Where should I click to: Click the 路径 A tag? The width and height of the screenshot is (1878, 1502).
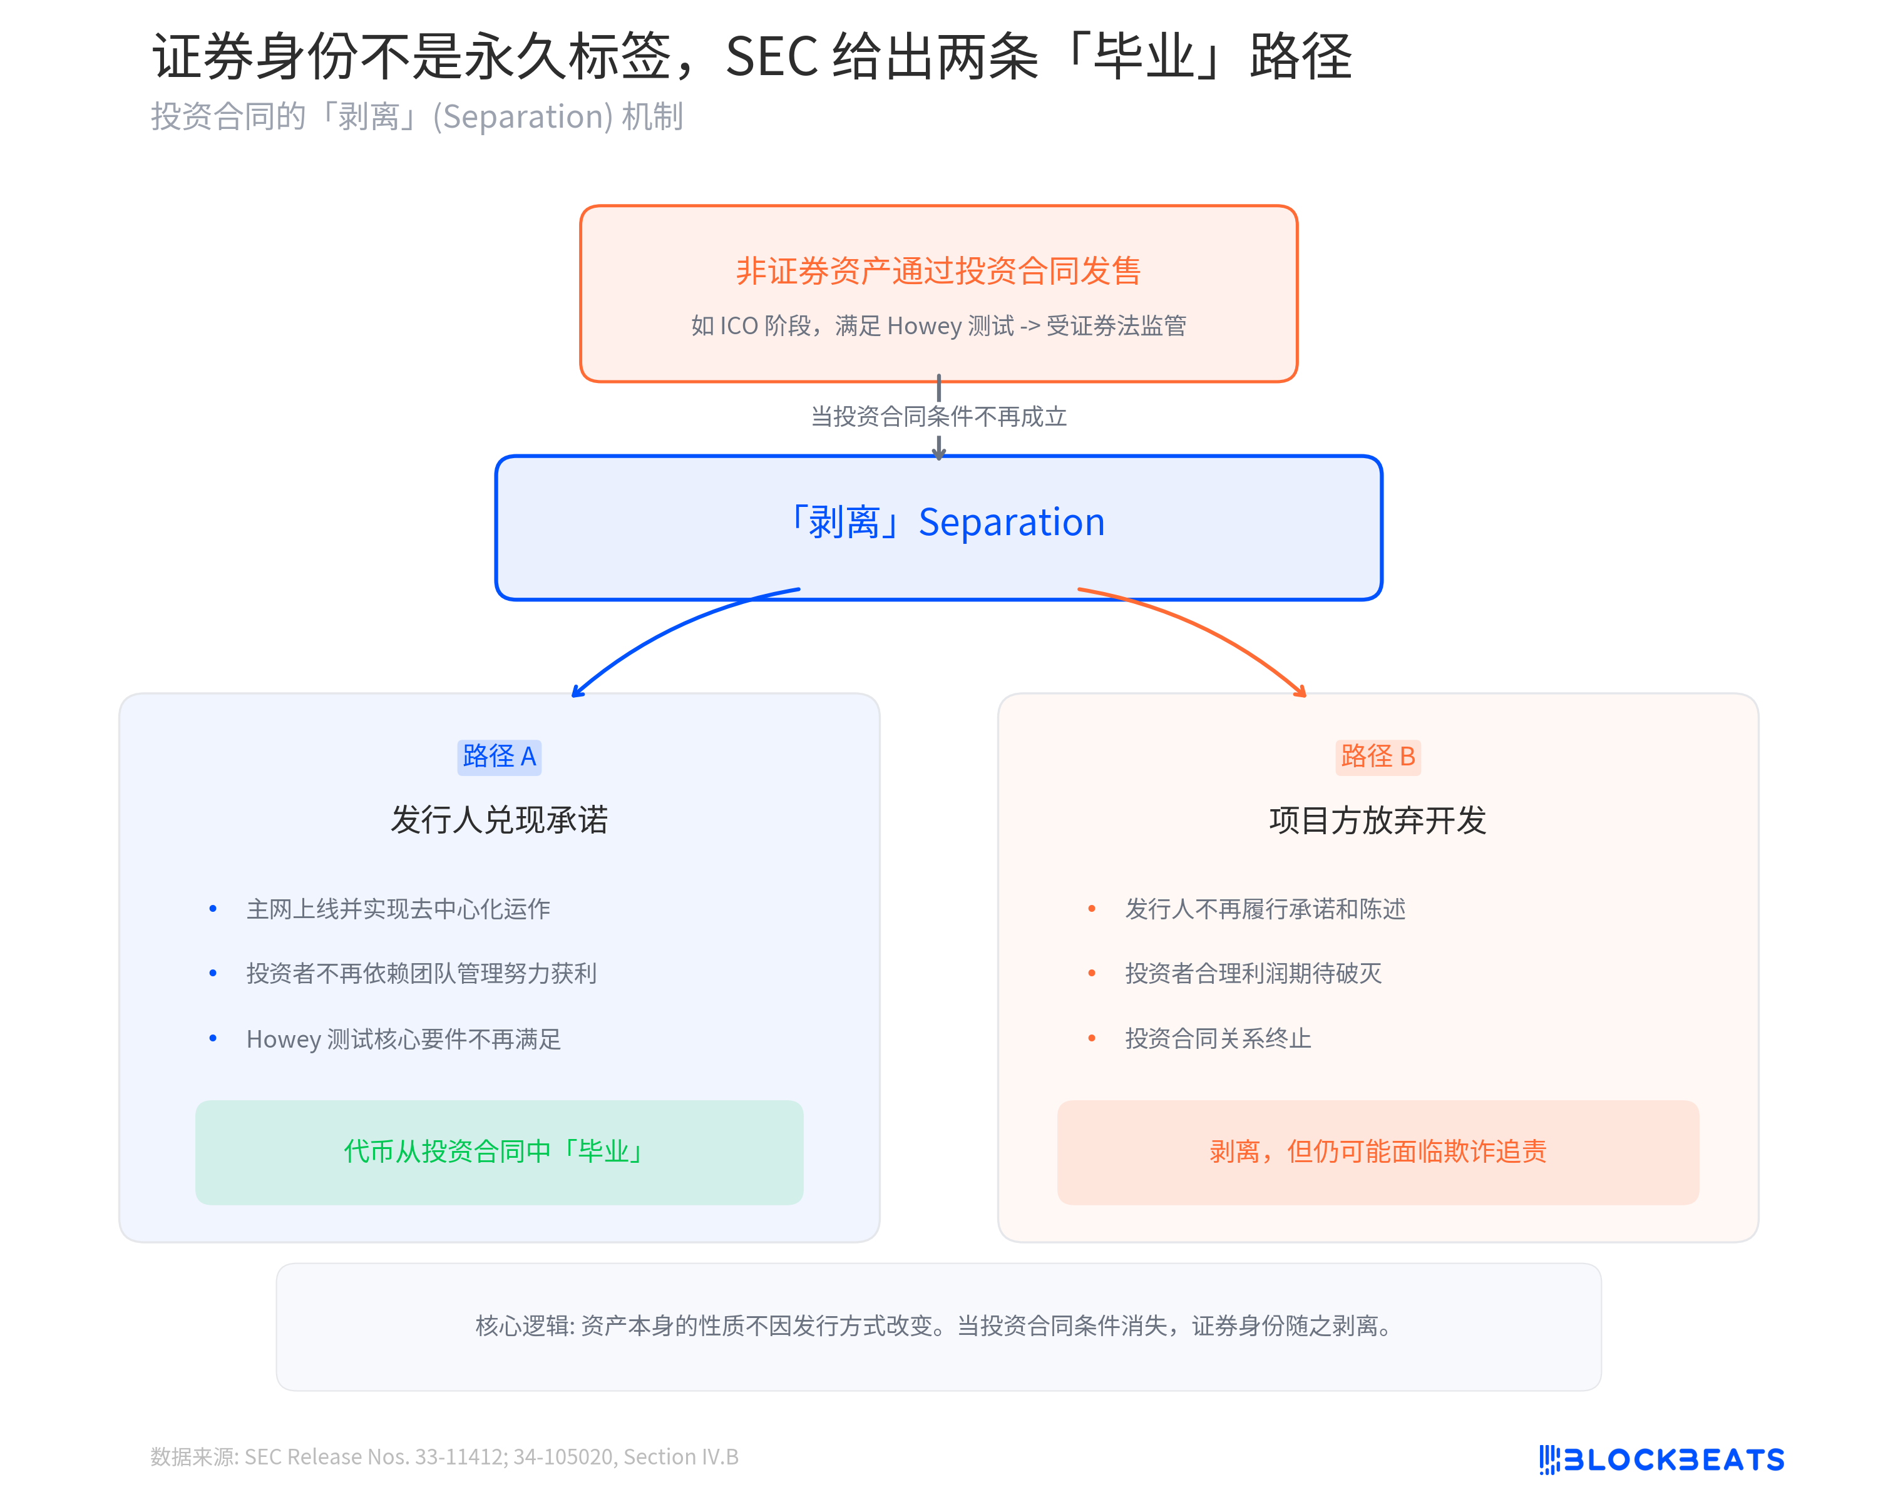pos(499,757)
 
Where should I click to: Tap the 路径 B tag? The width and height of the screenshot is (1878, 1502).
pos(1377,757)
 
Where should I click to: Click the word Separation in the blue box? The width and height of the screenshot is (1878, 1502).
pos(1011,523)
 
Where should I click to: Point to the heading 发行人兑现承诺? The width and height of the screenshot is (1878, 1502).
pos(499,820)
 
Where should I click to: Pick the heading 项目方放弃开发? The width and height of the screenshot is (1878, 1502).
pos(1377,820)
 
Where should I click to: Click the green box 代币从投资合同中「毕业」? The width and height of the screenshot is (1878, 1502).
pos(499,1152)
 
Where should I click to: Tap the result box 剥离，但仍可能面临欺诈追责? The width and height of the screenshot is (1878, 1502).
pos(1377,1152)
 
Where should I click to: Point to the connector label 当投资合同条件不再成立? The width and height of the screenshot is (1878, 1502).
pos(938,417)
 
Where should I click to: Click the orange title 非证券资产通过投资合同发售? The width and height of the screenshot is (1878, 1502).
pos(938,271)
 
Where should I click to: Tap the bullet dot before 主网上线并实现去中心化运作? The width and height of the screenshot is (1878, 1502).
pos(213,909)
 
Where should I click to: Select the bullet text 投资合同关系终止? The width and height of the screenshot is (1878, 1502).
pos(1218,1039)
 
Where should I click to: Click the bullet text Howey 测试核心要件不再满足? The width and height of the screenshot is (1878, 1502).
pos(403,1039)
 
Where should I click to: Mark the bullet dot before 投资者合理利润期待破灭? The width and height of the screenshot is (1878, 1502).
pos(1092,973)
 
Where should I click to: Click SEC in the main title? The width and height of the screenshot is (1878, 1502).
pos(771,58)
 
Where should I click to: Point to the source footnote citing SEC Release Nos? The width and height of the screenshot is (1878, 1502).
pos(444,1457)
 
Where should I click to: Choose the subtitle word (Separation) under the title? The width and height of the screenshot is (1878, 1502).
pos(523,116)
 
